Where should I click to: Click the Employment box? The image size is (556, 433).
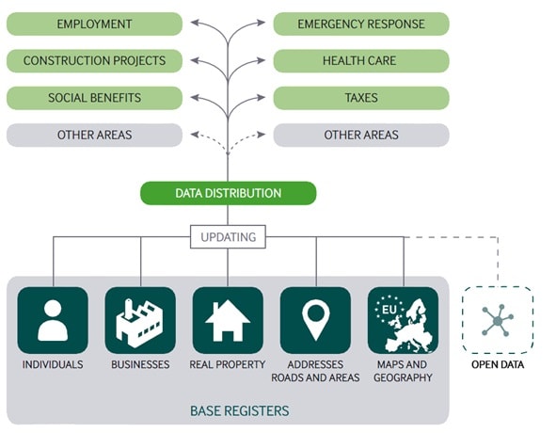[x=94, y=24]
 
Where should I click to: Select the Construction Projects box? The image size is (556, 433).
[x=94, y=60]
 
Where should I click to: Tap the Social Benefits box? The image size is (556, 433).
[x=94, y=98]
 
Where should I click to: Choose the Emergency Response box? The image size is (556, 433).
[x=361, y=24]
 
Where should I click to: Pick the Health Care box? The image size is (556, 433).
[x=361, y=60]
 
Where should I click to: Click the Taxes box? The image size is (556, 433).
[x=361, y=98]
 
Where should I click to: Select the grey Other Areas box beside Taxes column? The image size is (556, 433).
[x=361, y=135]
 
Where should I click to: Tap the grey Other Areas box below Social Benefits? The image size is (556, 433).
[x=94, y=135]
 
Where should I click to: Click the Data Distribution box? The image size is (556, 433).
[x=229, y=193]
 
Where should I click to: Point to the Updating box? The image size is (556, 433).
[x=228, y=236]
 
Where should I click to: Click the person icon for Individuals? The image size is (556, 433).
[x=53, y=320]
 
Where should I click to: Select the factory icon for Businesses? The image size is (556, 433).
[x=140, y=320]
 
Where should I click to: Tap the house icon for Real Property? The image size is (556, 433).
[x=228, y=320]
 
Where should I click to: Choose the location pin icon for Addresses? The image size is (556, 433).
[x=315, y=320]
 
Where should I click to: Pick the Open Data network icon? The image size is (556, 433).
[x=498, y=320]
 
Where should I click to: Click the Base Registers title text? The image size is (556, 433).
[x=240, y=411]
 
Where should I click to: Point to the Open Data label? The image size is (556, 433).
[x=498, y=364]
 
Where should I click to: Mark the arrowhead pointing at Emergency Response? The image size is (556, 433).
[x=262, y=23]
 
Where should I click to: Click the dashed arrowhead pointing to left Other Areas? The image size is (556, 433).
[x=195, y=135]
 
